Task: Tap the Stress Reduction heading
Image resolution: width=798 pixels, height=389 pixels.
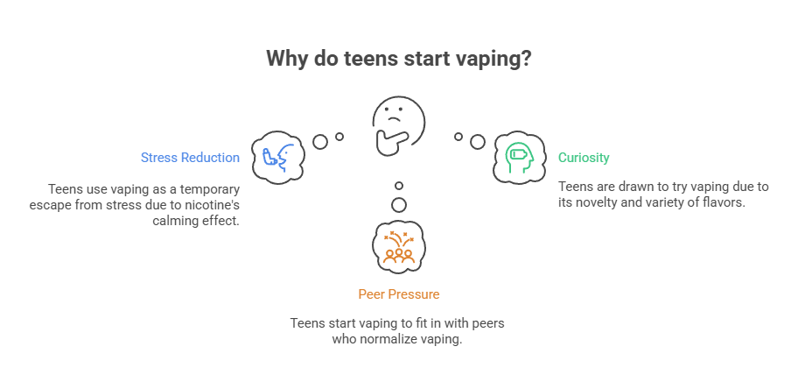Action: tap(190, 158)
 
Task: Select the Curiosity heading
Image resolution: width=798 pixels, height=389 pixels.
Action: tap(584, 158)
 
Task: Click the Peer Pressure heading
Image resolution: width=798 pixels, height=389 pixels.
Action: tap(398, 294)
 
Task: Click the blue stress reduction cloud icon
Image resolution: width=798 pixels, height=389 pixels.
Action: tap(277, 158)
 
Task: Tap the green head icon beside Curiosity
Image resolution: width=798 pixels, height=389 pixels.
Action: tap(519, 158)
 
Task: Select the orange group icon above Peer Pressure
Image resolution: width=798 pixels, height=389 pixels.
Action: tap(399, 246)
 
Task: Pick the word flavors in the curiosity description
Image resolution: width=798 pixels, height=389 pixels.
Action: tap(723, 202)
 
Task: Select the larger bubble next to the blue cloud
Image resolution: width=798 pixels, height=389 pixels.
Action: tap(320, 141)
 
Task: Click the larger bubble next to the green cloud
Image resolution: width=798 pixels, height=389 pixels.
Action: tap(477, 141)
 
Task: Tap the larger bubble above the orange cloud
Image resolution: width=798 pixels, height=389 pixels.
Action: tap(399, 204)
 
